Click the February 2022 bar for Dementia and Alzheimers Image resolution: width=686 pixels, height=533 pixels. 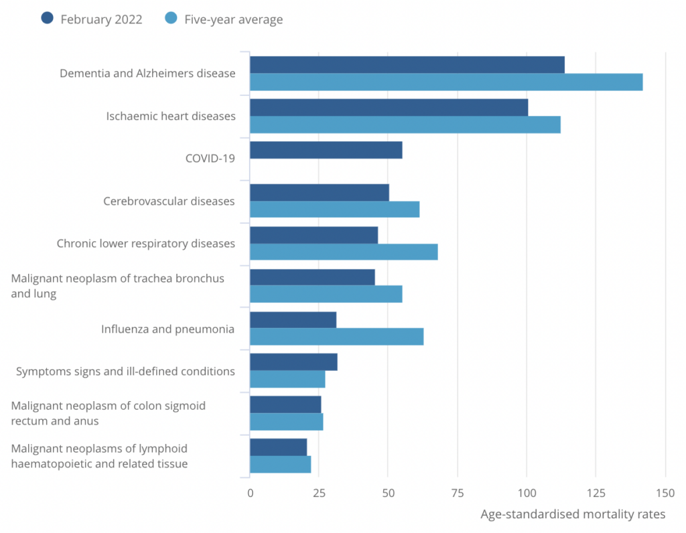coord(407,65)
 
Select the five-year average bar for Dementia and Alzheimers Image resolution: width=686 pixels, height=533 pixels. coord(446,82)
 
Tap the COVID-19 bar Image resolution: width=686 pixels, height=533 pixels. coord(326,150)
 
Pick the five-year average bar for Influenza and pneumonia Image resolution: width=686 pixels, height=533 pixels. coord(336,336)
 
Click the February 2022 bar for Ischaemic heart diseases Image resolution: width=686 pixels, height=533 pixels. coord(389,107)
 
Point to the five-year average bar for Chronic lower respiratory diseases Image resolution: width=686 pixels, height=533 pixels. coord(344,252)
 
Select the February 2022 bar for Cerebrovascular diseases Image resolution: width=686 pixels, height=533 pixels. coord(319,192)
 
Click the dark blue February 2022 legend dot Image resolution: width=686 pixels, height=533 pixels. coord(48,19)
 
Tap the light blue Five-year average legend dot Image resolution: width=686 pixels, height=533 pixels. coord(171,19)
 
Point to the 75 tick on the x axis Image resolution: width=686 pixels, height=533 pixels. coord(458,493)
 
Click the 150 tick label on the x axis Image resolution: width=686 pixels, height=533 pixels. coord(665,493)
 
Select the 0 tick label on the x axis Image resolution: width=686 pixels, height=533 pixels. coord(251,493)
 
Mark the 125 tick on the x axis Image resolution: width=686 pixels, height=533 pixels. coord(596,493)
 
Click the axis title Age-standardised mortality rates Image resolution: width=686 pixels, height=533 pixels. coord(573,514)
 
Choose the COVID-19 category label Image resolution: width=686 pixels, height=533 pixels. coord(210,159)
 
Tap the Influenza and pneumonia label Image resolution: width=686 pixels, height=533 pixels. coord(167,329)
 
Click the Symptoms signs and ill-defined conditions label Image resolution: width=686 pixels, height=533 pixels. coord(125,371)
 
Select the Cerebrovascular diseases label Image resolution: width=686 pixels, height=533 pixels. coord(169,201)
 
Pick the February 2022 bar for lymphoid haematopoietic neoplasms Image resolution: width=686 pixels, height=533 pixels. coord(278,447)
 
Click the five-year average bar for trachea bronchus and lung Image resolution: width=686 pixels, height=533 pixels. coord(326,294)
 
